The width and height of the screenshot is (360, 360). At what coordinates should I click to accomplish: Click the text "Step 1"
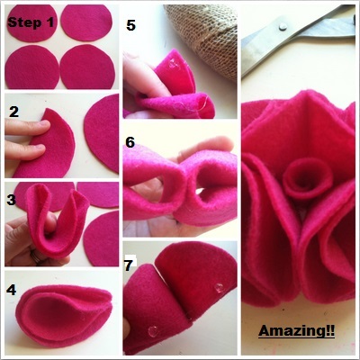click(31, 22)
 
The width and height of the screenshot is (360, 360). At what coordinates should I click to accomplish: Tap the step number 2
click(14, 112)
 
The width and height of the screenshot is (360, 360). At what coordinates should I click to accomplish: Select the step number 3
click(11, 200)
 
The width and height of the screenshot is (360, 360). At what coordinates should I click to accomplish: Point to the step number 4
click(12, 290)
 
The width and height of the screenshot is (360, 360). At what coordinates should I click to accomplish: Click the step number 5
click(130, 25)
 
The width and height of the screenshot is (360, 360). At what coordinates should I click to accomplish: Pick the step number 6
click(130, 142)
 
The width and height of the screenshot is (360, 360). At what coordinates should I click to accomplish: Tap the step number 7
click(129, 265)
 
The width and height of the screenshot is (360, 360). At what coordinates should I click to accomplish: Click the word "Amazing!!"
click(296, 331)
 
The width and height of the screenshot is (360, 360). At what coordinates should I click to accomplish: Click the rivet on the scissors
click(283, 26)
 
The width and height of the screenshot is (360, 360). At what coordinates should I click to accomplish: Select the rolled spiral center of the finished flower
click(308, 178)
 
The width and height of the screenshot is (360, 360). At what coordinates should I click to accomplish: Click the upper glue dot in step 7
click(219, 288)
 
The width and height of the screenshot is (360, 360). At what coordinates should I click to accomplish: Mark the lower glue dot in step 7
click(153, 331)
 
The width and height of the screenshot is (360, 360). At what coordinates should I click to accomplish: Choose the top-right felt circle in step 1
click(86, 22)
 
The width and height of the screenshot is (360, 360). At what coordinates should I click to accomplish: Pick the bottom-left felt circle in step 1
click(32, 67)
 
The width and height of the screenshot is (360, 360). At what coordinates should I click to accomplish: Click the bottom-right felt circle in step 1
click(87, 67)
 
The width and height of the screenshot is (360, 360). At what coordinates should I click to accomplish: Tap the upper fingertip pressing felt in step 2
click(43, 124)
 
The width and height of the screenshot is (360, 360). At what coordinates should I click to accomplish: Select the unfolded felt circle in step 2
click(102, 133)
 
